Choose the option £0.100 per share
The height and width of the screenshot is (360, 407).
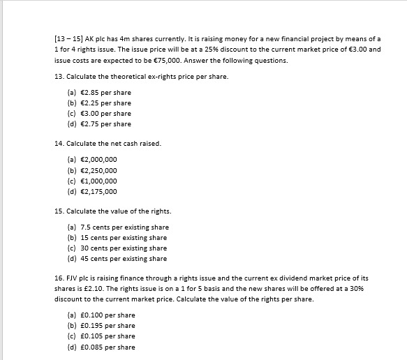point(101,315)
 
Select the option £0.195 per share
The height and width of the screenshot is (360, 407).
point(101,326)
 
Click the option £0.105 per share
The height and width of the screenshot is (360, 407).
point(101,336)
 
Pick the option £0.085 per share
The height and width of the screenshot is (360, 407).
point(101,347)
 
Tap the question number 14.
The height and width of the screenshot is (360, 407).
point(59,143)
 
